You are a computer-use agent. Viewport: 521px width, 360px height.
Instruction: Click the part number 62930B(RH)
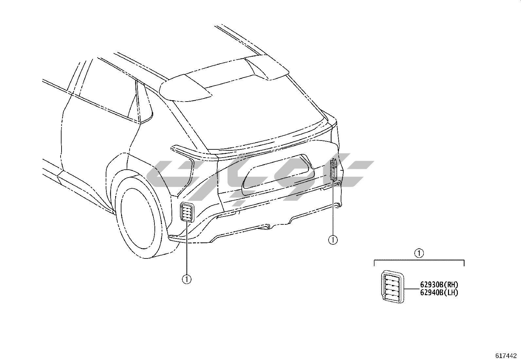pos(439,285)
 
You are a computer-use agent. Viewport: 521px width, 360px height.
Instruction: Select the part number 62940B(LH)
pos(439,293)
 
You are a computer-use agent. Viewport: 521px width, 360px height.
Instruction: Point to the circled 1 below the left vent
pos(187,279)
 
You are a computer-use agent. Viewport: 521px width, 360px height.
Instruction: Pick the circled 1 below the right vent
pos(333,240)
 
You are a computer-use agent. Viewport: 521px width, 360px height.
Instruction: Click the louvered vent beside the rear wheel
pos(187,212)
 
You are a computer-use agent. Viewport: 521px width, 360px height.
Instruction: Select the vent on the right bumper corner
pos(333,170)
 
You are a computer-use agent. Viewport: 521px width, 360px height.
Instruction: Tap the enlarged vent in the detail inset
pos(392,286)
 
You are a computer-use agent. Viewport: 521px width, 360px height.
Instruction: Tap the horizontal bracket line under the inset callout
pos(419,260)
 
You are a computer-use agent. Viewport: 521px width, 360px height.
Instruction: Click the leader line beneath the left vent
pos(187,249)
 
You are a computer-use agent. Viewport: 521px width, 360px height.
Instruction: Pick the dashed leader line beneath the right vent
pos(333,210)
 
